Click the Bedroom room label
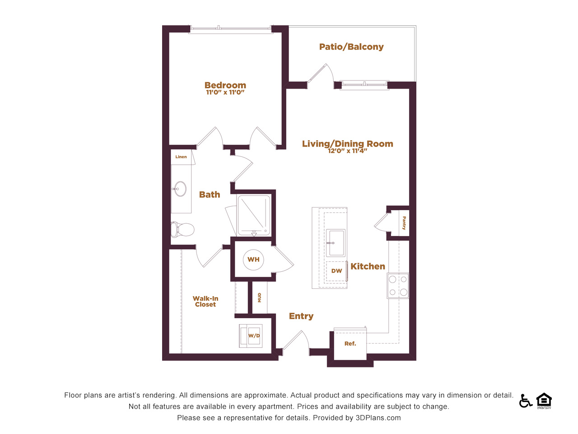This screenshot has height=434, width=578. (x=225, y=85)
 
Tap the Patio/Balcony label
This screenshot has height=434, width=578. (x=351, y=47)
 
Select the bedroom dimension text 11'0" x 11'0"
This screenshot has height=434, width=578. (x=225, y=92)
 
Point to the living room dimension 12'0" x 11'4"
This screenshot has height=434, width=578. (x=347, y=151)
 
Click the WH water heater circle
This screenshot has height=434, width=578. (x=253, y=259)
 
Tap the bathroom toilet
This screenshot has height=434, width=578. (x=182, y=229)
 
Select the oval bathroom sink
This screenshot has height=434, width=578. (x=180, y=189)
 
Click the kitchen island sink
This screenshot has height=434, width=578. (x=336, y=243)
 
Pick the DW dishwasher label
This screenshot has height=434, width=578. (x=336, y=271)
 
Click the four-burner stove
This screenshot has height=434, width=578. (x=398, y=286)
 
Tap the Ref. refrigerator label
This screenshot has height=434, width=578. (x=350, y=344)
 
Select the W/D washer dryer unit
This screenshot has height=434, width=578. (x=251, y=336)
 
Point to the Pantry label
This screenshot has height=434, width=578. (x=404, y=223)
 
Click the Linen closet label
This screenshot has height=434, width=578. (x=181, y=157)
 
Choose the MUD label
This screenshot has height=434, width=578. (x=259, y=297)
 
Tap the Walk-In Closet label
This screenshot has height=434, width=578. (x=205, y=302)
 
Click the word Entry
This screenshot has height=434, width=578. (x=301, y=316)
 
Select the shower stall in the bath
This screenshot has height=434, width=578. (x=254, y=215)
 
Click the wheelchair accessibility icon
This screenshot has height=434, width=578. (x=526, y=401)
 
